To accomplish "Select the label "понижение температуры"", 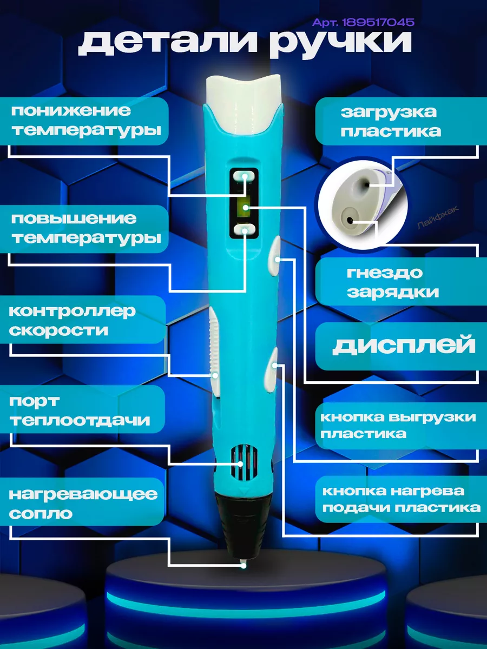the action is click(87, 120).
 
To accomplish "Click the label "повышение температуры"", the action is click(87, 228).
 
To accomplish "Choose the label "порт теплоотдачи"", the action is click(80, 411).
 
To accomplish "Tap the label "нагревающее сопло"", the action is click(84, 503).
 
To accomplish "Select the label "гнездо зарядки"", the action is click(392, 282).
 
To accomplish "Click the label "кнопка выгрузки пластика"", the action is click(398, 425).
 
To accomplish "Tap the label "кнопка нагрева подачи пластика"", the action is click(401, 499).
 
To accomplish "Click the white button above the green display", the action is click(244, 177).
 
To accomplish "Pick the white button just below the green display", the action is click(244, 231).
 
